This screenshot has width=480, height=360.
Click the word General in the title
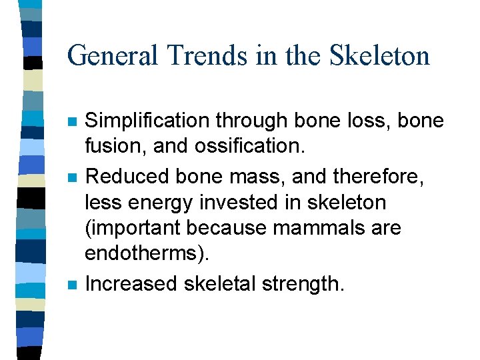(x=109, y=55)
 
